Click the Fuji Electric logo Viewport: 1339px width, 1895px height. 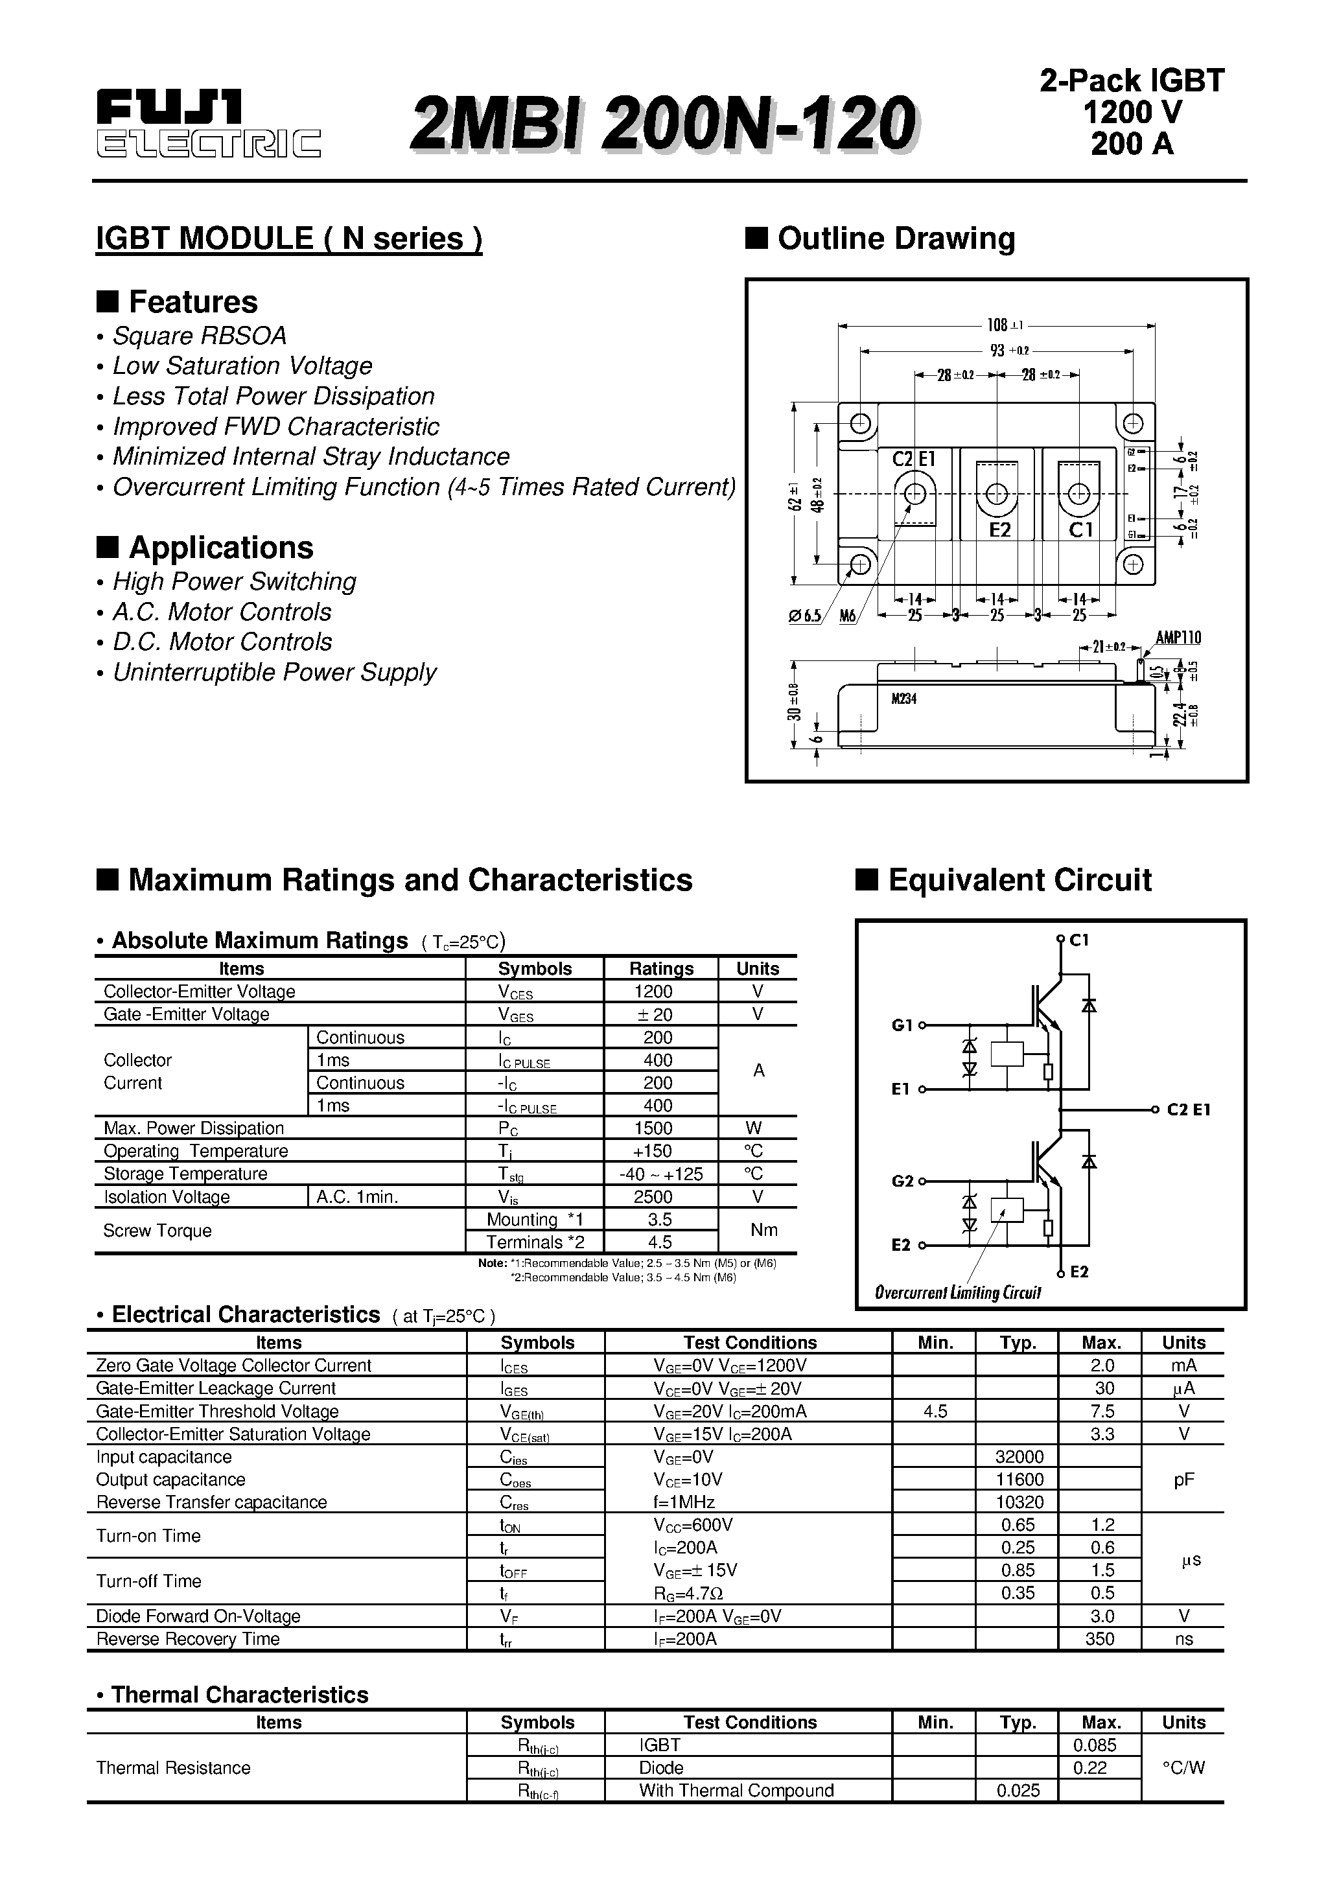(x=208, y=124)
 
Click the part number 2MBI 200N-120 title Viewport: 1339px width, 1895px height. (x=662, y=124)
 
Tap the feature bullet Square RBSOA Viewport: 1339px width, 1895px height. (x=199, y=336)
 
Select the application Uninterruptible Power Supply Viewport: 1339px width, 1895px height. (x=274, y=673)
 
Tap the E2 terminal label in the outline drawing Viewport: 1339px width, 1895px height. (x=999, y=530)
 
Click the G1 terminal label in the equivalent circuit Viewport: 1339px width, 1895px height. (x=902, y=1025)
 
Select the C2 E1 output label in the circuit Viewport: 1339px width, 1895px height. (x=1188, y=1110)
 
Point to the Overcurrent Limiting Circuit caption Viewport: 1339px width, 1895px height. (x=958, y=1292)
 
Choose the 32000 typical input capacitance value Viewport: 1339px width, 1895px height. (x=1019, y=1457)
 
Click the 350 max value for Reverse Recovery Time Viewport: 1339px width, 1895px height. (x=1100, y=1638)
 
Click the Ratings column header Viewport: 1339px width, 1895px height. (x=661, y=968)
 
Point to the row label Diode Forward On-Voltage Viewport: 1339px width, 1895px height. (x=198, y=1616)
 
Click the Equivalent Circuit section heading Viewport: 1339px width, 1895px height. (x=1019, y=880)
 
